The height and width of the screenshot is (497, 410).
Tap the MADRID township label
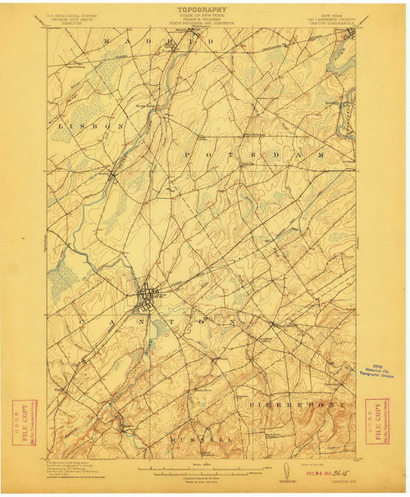(x=151, y=40)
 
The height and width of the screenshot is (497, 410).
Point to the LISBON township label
(x=90, y=126)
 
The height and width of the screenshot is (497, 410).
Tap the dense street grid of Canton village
(x=148, y=296)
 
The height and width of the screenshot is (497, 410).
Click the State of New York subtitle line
(x=204, y=20)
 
